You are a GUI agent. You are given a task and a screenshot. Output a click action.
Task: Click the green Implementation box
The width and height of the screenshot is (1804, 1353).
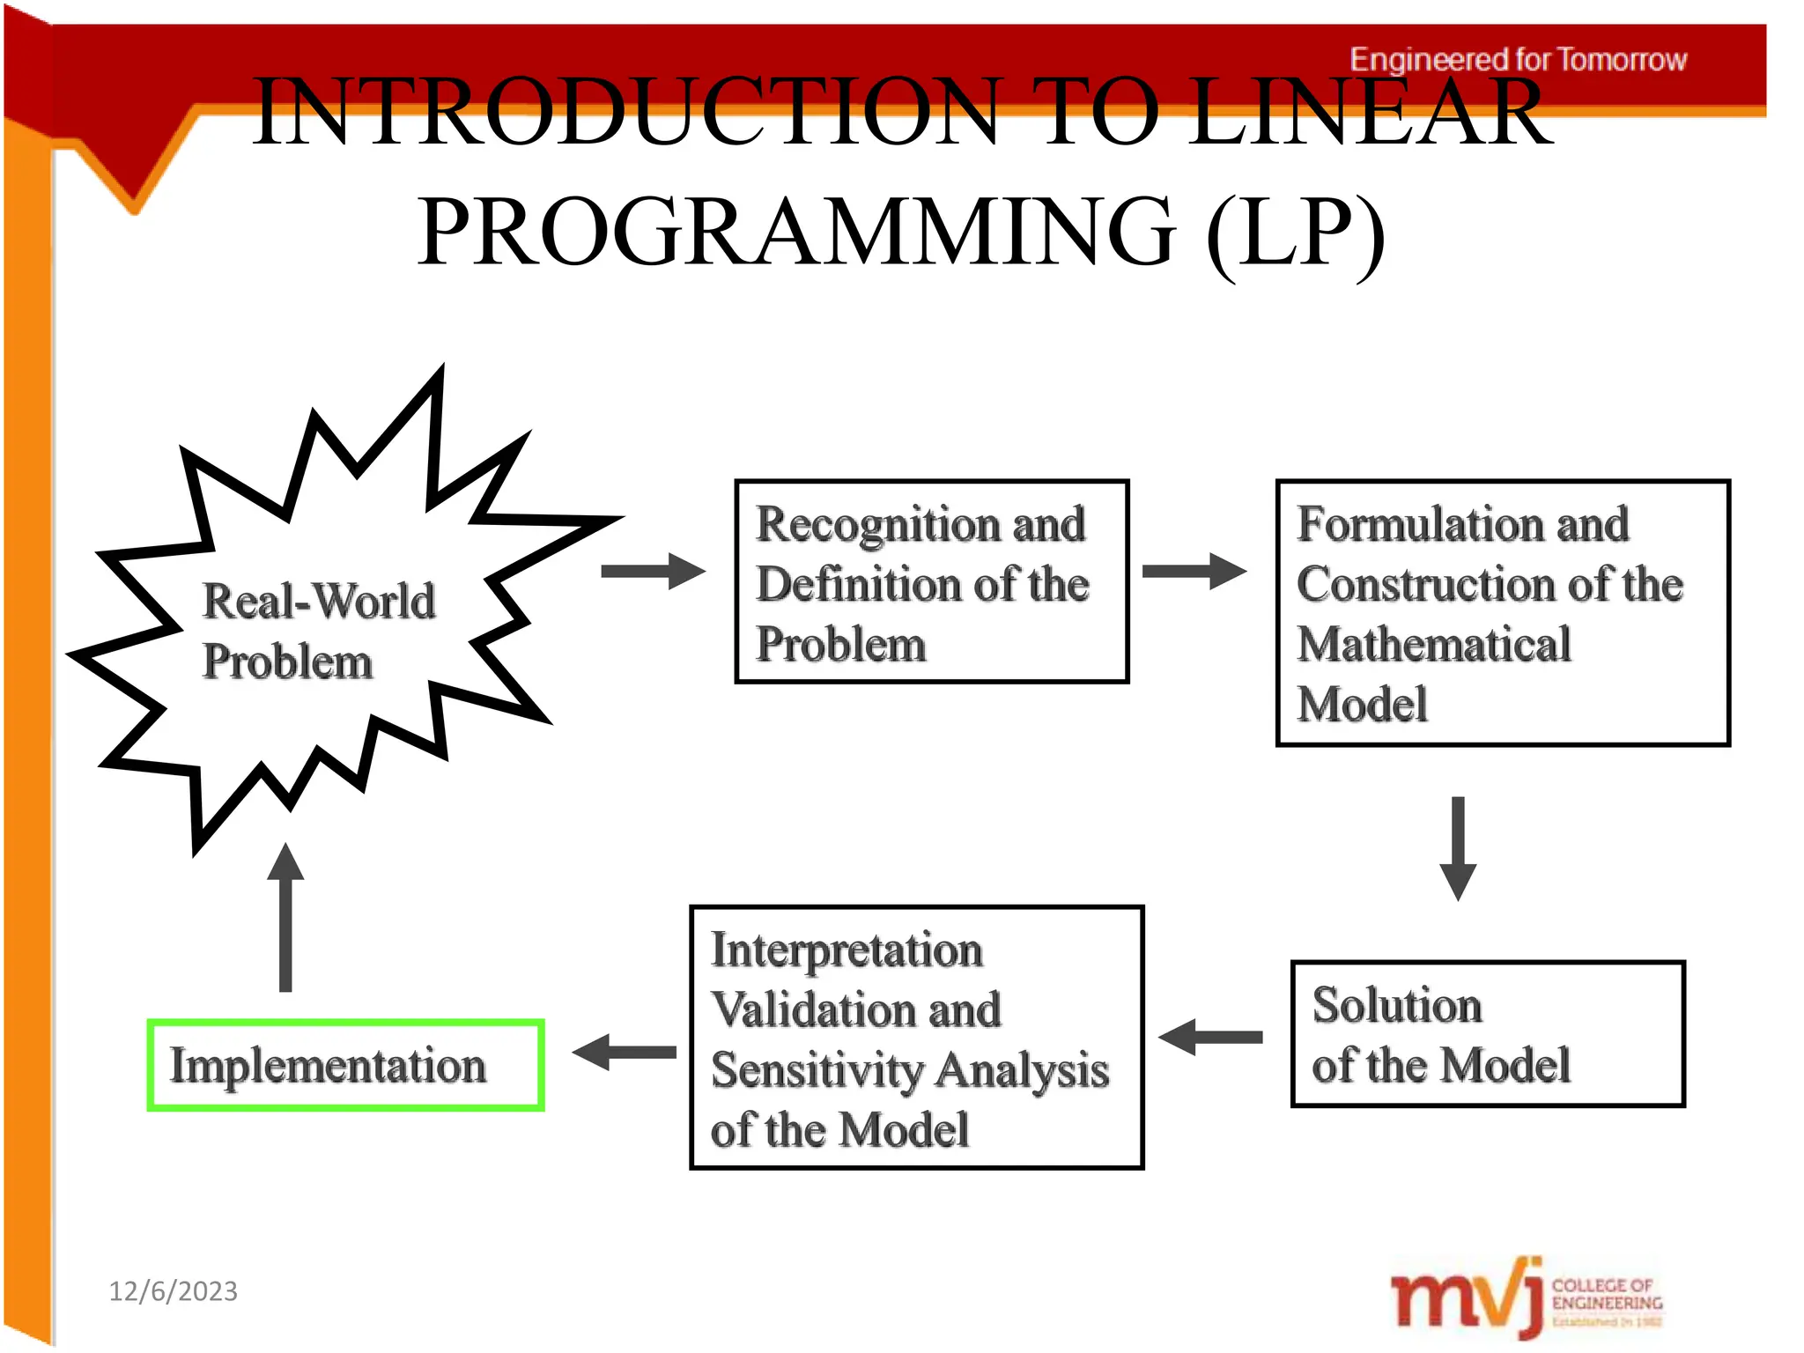pos(345,1065)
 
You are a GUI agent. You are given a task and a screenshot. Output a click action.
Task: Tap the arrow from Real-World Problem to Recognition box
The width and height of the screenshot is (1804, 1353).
pos(653,571)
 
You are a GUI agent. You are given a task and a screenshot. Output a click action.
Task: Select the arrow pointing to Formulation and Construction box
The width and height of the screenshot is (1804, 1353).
pos(1194,571)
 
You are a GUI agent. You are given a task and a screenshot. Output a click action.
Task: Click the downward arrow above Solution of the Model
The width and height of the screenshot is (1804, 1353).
pos(1458,847)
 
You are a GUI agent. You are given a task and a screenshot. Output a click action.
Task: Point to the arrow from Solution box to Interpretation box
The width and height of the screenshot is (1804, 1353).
pos(1211,1037)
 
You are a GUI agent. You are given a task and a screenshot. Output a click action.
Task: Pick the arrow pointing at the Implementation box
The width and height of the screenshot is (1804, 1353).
pos(625,1052)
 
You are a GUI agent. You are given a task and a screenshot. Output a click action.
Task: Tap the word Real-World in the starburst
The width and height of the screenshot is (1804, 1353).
pos(319,602)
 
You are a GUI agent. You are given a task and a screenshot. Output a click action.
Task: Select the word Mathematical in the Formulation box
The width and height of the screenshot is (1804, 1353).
pos(1434,644)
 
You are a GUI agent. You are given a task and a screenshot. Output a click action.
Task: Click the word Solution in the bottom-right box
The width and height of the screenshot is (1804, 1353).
pos(1397,1005)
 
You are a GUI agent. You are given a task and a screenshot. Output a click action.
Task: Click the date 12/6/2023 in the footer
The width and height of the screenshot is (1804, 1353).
pos(173,1291)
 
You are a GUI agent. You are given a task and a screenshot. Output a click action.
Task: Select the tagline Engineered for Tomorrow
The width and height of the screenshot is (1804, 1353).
pos(1518,60)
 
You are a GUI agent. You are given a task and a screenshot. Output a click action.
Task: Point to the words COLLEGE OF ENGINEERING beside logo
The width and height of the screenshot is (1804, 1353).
pos(1606,1294)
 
